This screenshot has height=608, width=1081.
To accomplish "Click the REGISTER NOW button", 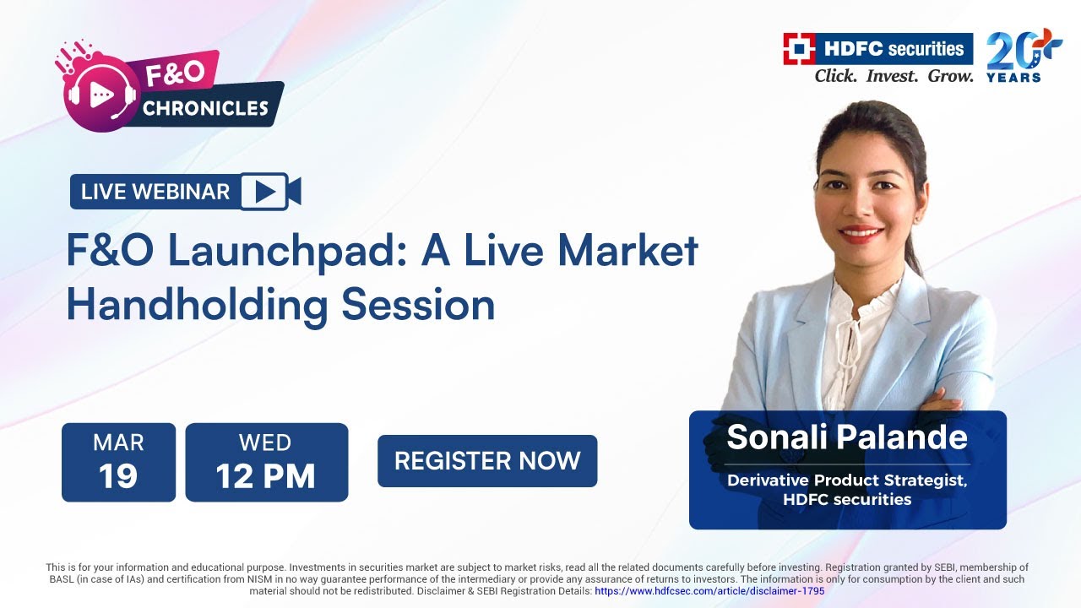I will tap(487, 461).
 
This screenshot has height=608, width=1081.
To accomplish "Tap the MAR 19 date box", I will tap(118, 462).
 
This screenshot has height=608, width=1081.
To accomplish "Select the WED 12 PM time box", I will tap(266, 462).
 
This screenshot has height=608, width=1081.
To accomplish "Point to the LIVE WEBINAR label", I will tap(155, 192).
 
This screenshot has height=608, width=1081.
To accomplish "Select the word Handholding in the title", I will tap(196, 305).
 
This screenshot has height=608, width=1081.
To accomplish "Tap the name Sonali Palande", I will tap(847, 437).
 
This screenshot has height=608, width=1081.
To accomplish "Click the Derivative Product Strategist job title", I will tap(847, 480).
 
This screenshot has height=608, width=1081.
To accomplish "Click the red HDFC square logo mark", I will tap(798, 49).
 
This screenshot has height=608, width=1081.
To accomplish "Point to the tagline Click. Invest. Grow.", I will tap(894, 76).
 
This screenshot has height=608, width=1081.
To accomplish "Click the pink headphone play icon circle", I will tap(100, 95).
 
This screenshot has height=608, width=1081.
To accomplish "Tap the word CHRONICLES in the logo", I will tap(205, 108).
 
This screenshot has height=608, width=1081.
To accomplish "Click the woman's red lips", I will tap(861, 234).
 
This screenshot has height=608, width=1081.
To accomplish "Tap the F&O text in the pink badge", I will tap(175, 73).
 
